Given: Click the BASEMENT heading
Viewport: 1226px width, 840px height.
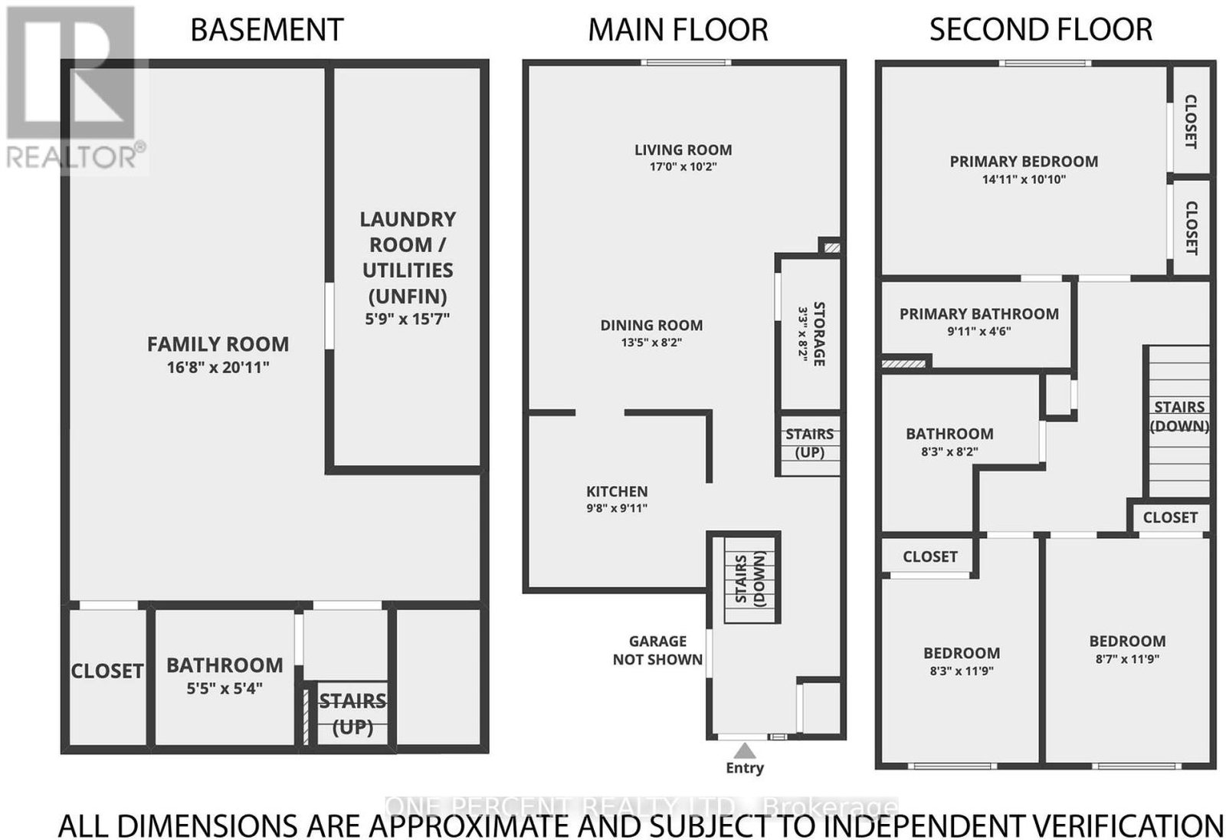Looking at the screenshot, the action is pyautogui.click(x=267, y=30).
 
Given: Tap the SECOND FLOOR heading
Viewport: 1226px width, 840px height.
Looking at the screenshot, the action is pyautogui.click(x=1041, y=30).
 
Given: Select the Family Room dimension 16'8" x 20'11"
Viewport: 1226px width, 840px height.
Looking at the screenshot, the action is pyautogui.click(x=218, y=367).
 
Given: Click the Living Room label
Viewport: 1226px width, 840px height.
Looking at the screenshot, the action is pyautogui.click(x=683, y=149).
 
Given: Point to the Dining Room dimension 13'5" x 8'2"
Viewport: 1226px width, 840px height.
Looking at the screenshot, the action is pyautogui.click(x=651, y=343).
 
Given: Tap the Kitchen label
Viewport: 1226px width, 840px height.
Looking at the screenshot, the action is pyautogui.click(x=617, y=491).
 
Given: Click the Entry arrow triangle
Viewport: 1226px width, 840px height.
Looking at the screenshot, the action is pyautogui.click(x=744, y=750).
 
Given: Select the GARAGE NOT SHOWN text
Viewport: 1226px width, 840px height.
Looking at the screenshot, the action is pyautogui.click(x=657, y=650).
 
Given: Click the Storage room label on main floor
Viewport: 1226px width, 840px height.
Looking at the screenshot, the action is pyautogui.click(x=819, y=334).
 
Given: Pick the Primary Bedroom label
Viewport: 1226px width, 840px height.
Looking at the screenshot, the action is pyautogui.click(x=1024, y=162).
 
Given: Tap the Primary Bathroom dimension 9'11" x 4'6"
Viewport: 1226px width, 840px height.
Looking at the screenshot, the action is pyautogui.click(x=979, y=331).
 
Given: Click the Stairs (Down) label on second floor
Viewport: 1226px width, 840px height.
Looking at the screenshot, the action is pyautogui.click(x=1179, y=416).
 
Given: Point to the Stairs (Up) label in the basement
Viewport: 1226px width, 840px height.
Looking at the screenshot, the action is pyautogui.click(x=352, y=714).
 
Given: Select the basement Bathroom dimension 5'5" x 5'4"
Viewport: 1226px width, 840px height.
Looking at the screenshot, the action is pyautogui.click(x=225, y=688).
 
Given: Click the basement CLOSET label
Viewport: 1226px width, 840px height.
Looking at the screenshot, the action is pyautogui.click(x=107, y=671).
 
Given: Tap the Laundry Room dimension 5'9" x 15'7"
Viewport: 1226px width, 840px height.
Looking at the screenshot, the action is pyautogui.click(x=407, y=319).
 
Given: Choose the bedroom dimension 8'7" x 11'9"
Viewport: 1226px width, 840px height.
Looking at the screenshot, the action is pyautogui.click(x=1127, y=659).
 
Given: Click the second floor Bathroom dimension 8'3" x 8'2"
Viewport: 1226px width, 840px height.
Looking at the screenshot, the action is pyautogui.click(x=949, y=451).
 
